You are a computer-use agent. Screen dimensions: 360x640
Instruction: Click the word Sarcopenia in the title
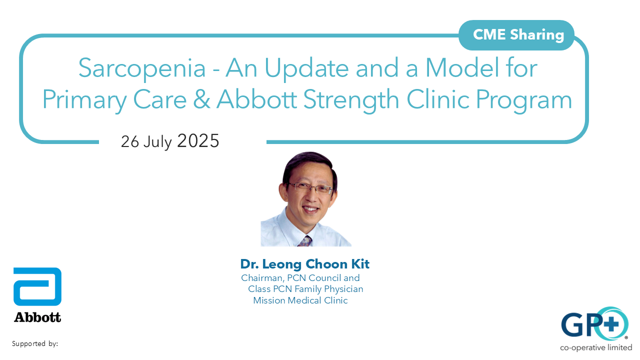[x=142, y=68]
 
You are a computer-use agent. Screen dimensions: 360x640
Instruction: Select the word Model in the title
[x=454, y=68]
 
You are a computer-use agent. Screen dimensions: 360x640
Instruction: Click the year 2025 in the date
[x=198, y=141]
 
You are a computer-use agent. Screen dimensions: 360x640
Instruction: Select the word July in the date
[x=157, y=142]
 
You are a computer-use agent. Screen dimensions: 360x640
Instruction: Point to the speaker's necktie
[x=304, y=241]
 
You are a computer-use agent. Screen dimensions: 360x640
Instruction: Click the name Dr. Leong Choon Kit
[x=304, y=264]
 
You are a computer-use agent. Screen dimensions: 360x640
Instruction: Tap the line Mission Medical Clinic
[x=300, y=300]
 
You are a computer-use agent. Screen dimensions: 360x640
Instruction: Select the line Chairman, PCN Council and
[x=300, y=278]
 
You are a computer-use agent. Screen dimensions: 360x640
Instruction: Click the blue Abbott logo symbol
[x=37, y=286]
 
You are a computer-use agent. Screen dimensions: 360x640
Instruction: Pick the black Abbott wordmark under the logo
[x=37, y=317]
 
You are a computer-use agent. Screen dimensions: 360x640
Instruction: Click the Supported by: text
[x=35, y=344]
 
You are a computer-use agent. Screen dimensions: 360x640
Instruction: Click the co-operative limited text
[x=596, y=347]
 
